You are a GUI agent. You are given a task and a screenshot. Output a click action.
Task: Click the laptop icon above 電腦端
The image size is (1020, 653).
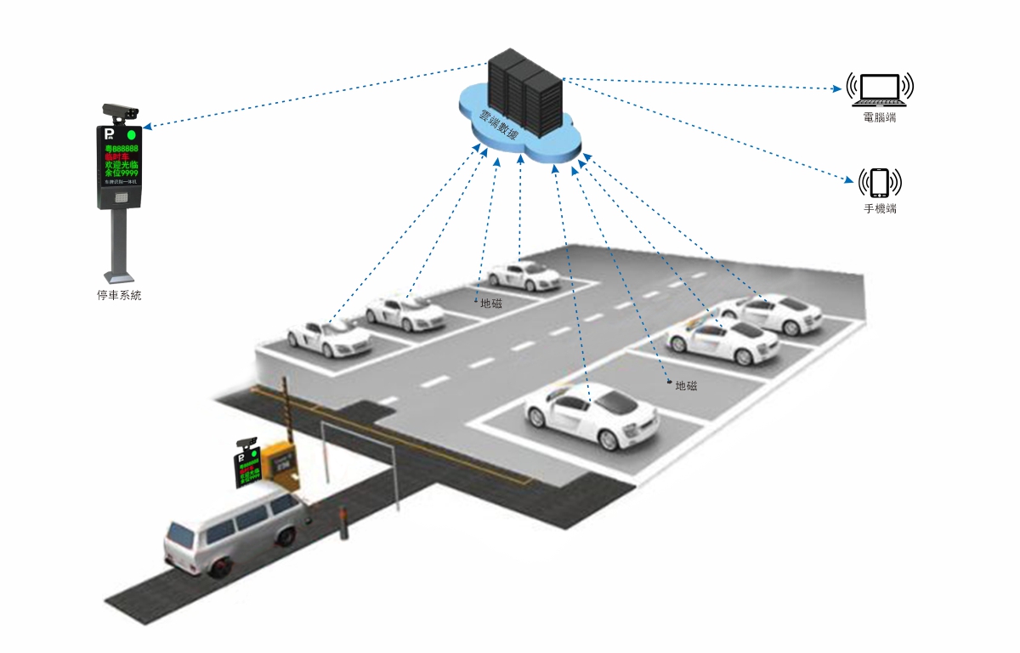click(879, 88)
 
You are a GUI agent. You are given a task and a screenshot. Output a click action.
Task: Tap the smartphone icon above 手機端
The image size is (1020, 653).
click(880, 182)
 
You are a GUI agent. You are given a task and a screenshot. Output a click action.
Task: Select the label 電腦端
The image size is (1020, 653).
click(879, 117)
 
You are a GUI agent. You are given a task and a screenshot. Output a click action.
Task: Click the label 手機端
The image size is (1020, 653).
click(880, 208)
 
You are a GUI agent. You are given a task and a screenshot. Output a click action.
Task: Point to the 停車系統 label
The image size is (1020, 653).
click(119, 296)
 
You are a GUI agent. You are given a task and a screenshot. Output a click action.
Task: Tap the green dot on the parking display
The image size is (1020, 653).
click(131, 134)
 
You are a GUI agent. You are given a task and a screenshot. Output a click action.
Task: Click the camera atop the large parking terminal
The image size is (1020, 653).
click(121, 111)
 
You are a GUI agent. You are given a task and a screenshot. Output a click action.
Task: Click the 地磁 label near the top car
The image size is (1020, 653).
click(490, 303)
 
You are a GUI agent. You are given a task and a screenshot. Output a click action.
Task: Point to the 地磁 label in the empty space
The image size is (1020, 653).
click(686, 385)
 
